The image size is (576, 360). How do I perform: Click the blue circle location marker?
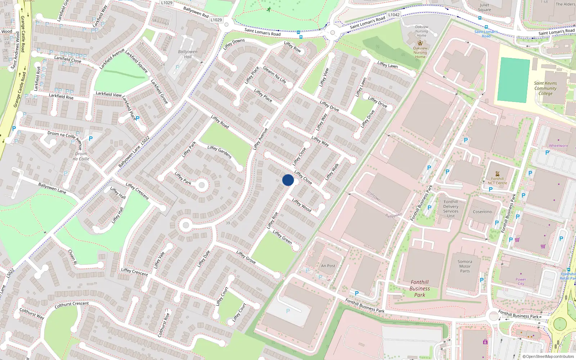tap(288, 180)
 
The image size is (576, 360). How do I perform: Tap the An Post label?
tap(328, 266)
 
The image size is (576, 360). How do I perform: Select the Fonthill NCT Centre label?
tap(497, 181)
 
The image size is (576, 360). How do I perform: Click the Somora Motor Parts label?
tap(465, 266)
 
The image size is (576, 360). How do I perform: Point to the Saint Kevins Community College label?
tap(545, 88)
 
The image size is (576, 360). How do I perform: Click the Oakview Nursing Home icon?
tap(420, 43)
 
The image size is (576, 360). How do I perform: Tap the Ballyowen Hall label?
tap(188, 54)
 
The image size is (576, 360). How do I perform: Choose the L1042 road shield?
tap(394, 15)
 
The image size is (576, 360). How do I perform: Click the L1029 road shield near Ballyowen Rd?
tap(216, 20)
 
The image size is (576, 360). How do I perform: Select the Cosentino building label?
tap(482, 212)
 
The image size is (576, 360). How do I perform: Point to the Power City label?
tap(521, 282)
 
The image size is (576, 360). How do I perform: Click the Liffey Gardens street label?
tap(219, 152)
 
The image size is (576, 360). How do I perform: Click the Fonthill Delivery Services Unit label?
tap(451, 209)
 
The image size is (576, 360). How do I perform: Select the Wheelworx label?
tap(558, 146)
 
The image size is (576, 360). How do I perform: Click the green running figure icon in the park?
tap(269, 9)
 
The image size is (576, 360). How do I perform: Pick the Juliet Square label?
tap(485, 7)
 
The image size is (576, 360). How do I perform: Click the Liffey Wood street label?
tap(302, 205)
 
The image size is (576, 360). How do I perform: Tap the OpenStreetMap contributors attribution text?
tap(548, 356)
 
